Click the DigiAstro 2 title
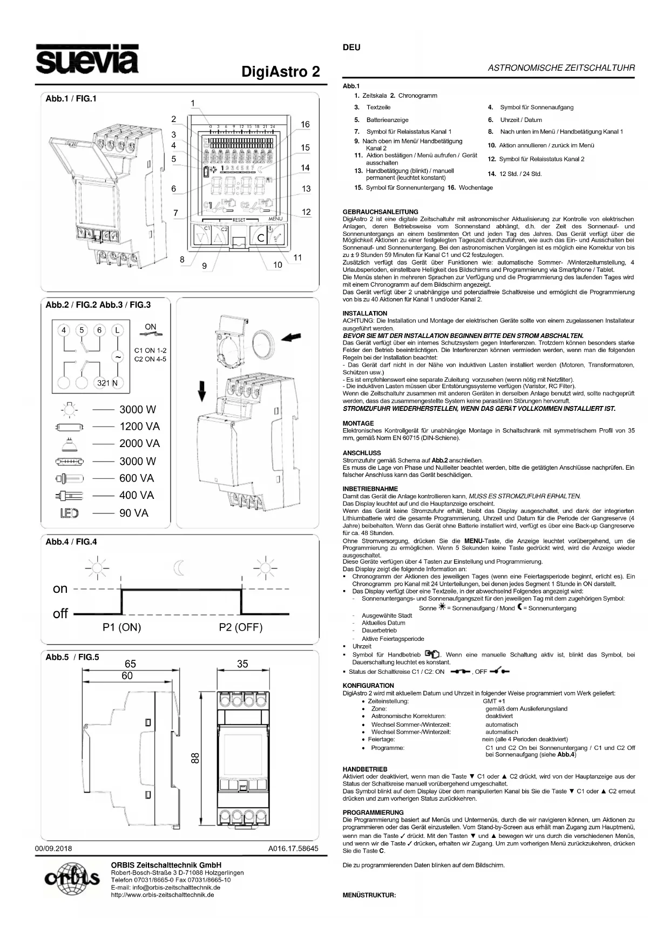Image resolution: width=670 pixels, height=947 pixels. point(280,72)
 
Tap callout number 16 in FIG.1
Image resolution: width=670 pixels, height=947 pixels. point(305,124)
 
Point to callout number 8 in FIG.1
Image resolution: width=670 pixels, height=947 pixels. point(182,260)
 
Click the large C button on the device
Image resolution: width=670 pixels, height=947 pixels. point(261,237)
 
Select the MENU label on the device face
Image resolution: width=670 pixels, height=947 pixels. point(275,219)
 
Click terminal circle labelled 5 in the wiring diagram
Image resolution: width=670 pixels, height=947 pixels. point(82,330)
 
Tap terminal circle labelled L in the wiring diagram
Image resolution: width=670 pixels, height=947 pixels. point(117,330)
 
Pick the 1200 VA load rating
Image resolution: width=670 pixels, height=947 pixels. point(140,427)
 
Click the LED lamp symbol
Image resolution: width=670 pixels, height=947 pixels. point(69,513)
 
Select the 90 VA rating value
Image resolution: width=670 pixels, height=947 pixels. point(134,513)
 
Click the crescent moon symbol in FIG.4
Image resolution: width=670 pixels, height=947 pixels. point(179,567)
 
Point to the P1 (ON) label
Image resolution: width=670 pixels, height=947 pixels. point(121,627)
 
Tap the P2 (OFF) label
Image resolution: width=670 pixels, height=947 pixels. point(241,627)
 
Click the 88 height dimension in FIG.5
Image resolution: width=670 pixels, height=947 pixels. point(195,759)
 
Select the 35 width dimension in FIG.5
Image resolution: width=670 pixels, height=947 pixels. point(242,664)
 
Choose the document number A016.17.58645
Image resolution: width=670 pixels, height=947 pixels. point(293,848)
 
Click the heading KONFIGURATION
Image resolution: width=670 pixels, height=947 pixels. point(368,686)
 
